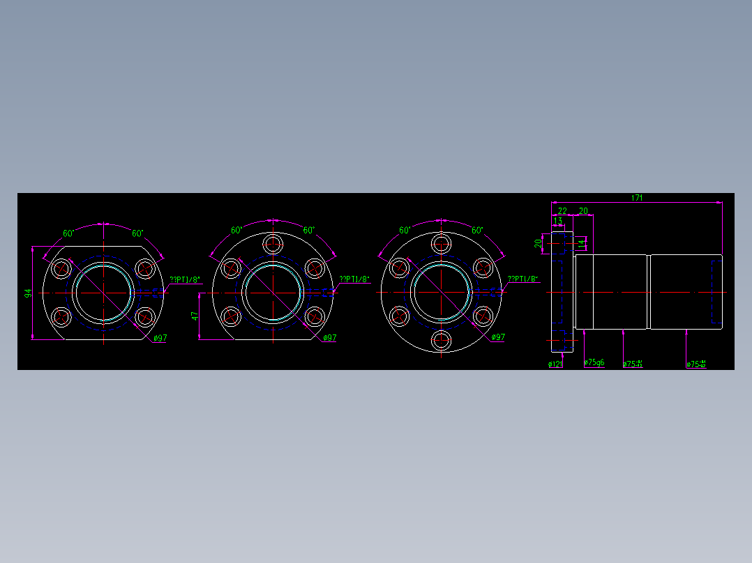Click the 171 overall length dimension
coord(637,198)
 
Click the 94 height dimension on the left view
coord(29,293)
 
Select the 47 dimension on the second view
coord(196,316)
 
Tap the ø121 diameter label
coord(555,364)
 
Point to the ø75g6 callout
coord(594,363)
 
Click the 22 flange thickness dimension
coord(562,210)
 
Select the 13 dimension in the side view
coord(557,221)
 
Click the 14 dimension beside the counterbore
coord(581,242)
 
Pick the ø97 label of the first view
coord(160,338)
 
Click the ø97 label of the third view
coord(498,337)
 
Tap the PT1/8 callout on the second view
coord(354,279)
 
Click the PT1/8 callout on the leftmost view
coord(184,280)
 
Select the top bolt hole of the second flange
coord(273,244)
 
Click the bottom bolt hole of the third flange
coord(441,341)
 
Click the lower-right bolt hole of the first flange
coord(144,317)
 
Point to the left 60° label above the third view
coord(405,230)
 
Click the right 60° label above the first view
coord(137,233)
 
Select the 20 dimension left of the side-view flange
coord(538,243)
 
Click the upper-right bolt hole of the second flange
coord(315,268)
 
